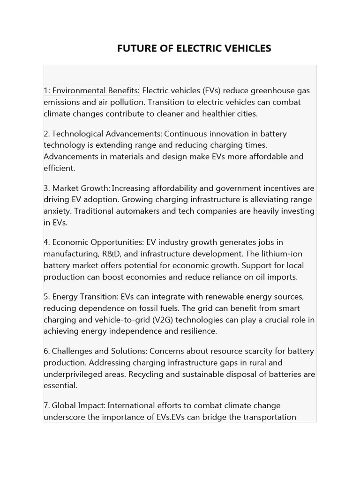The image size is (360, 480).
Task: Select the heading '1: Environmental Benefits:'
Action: [x=92, y=90]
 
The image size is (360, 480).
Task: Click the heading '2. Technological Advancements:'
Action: [x=103, y=134]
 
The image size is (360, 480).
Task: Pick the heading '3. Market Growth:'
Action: [x=77, y=188]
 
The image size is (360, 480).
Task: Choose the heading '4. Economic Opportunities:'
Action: [x=94, y=242]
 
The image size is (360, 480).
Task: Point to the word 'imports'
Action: [x=281, y=277]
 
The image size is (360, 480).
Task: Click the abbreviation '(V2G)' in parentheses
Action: [x=165, y=320]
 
